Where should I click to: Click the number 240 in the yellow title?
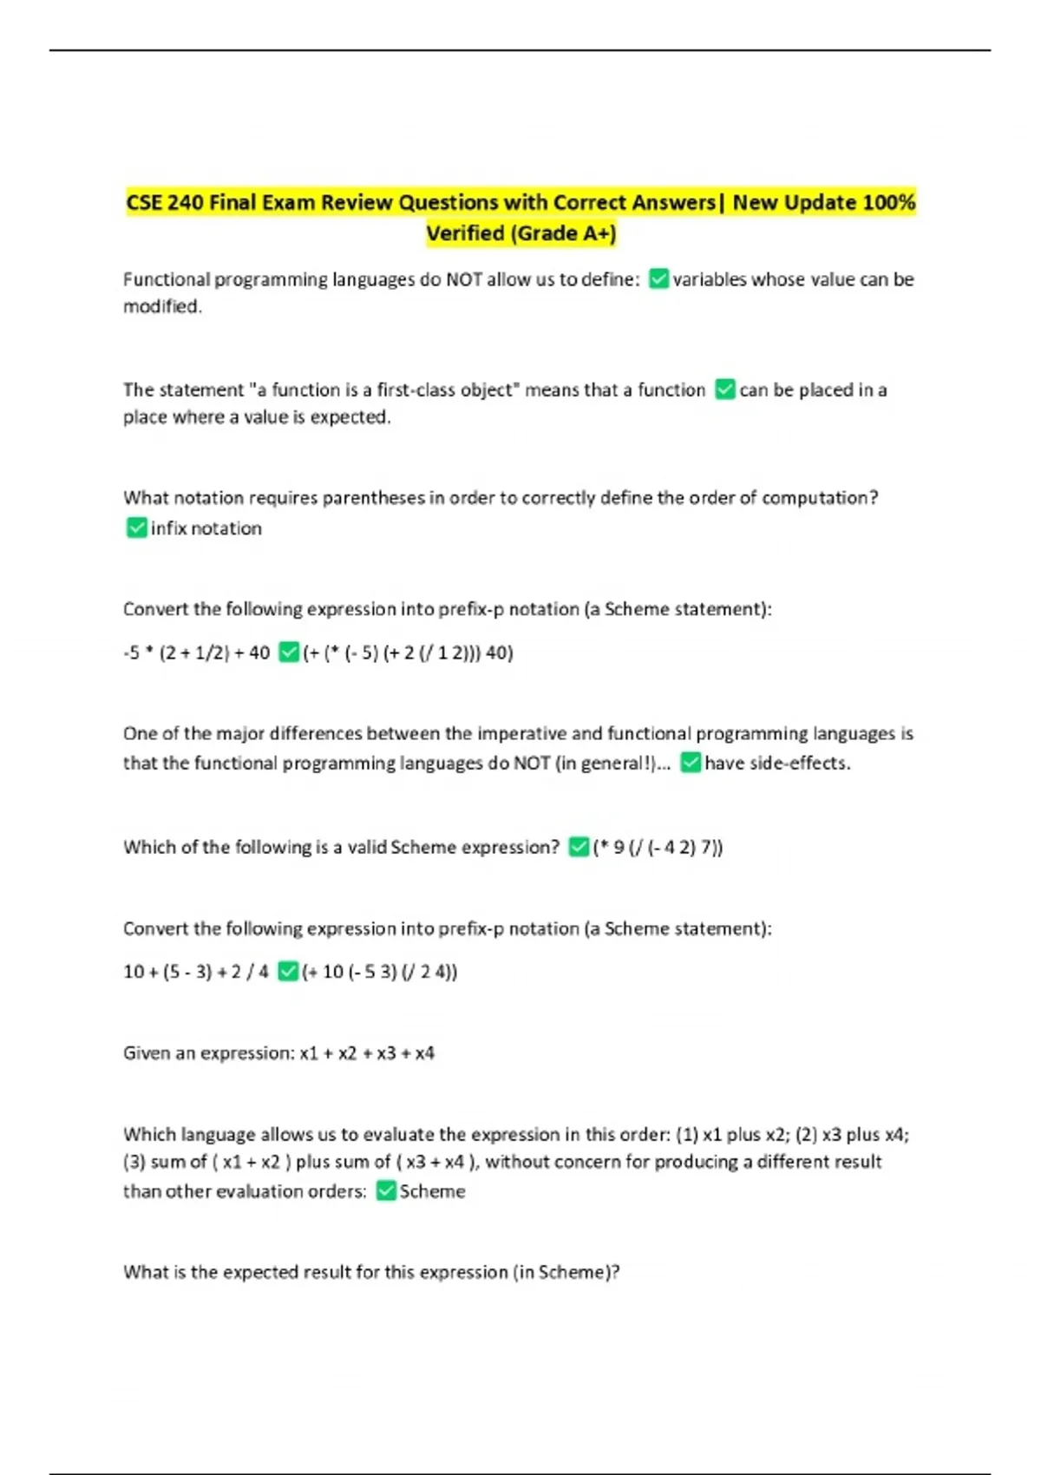point(185,203)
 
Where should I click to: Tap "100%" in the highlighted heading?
point(889,203)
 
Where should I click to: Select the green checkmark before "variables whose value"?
point(658,279)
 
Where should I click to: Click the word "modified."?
point(162,306)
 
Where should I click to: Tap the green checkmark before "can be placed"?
point(725,390)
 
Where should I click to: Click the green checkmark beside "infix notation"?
point(136,528)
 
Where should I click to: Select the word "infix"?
point(169,528)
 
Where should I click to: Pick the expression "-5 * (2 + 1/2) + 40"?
point(197,652)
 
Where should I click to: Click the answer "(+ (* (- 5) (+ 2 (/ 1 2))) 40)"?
point(408,652)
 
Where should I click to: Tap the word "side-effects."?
point(777,764)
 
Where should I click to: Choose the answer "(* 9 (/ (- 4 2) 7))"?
point(658,848)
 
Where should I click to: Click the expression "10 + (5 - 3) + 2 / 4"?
point(196,972)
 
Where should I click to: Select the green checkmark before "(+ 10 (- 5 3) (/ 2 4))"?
point(288,972)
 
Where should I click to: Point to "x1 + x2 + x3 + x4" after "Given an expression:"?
point(367,1053)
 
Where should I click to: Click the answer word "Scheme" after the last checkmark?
point(432,1191)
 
